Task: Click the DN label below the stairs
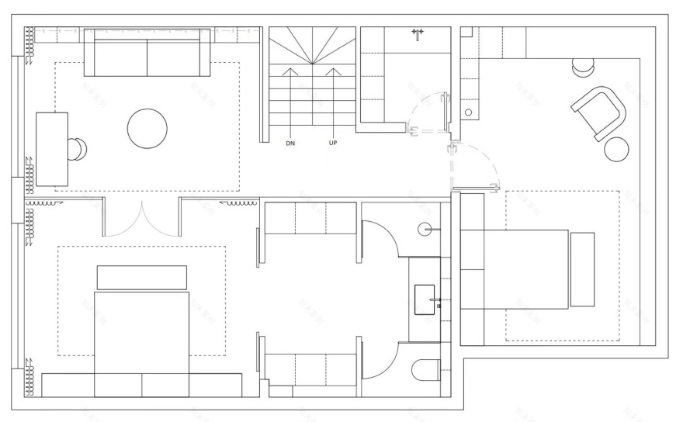(290, 144)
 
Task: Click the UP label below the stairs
(333, 144)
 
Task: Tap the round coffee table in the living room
(147, 128)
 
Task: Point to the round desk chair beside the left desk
(78, 149)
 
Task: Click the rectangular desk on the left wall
(52, 149)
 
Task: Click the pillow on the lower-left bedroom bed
(141, 278)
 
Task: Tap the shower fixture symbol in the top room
(418, 33)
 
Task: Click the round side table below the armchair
(616, 149)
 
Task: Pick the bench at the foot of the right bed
(582, 268)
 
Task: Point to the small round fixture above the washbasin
(425, 230)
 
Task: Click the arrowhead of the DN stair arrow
(290, 71)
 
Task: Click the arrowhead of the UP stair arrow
(333, 71)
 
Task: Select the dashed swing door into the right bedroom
(466, 166)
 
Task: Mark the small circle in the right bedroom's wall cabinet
(468, 112)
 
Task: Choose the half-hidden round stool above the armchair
(581, 68)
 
